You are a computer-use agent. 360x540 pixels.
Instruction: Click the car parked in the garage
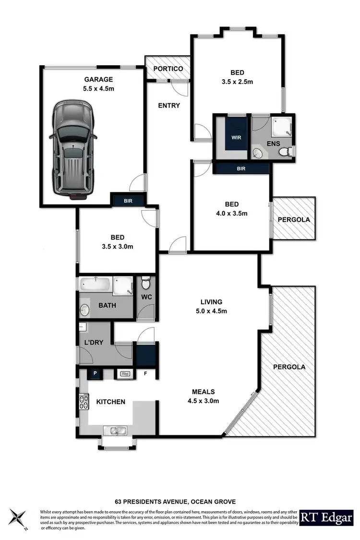pyautogui.click(x=73, y=150)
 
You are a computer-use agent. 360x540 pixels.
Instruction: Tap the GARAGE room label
pyautogui.click(x=99, y=80)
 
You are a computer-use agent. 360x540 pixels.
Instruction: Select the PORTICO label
pyautogui.click(x=168, y=69)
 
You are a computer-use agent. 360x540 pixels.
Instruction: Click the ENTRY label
pyautogui.click(x=169, y=106)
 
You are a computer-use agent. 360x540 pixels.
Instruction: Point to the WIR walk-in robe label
pyautogui.click(x=236, y=137)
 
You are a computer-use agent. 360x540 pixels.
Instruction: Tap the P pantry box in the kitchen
pyautogui.click(x=95, y=373)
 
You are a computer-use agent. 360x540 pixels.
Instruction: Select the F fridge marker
pyautogui.click(x=145, y=373)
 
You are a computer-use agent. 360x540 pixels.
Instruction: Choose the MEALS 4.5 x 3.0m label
pyautogui.click(x=204, y=396)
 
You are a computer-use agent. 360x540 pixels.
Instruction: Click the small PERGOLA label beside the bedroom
pyautogui.click(x=294, y=219)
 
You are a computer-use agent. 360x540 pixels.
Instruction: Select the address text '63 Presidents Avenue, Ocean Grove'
pyautogui.click(x=175, y=502)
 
